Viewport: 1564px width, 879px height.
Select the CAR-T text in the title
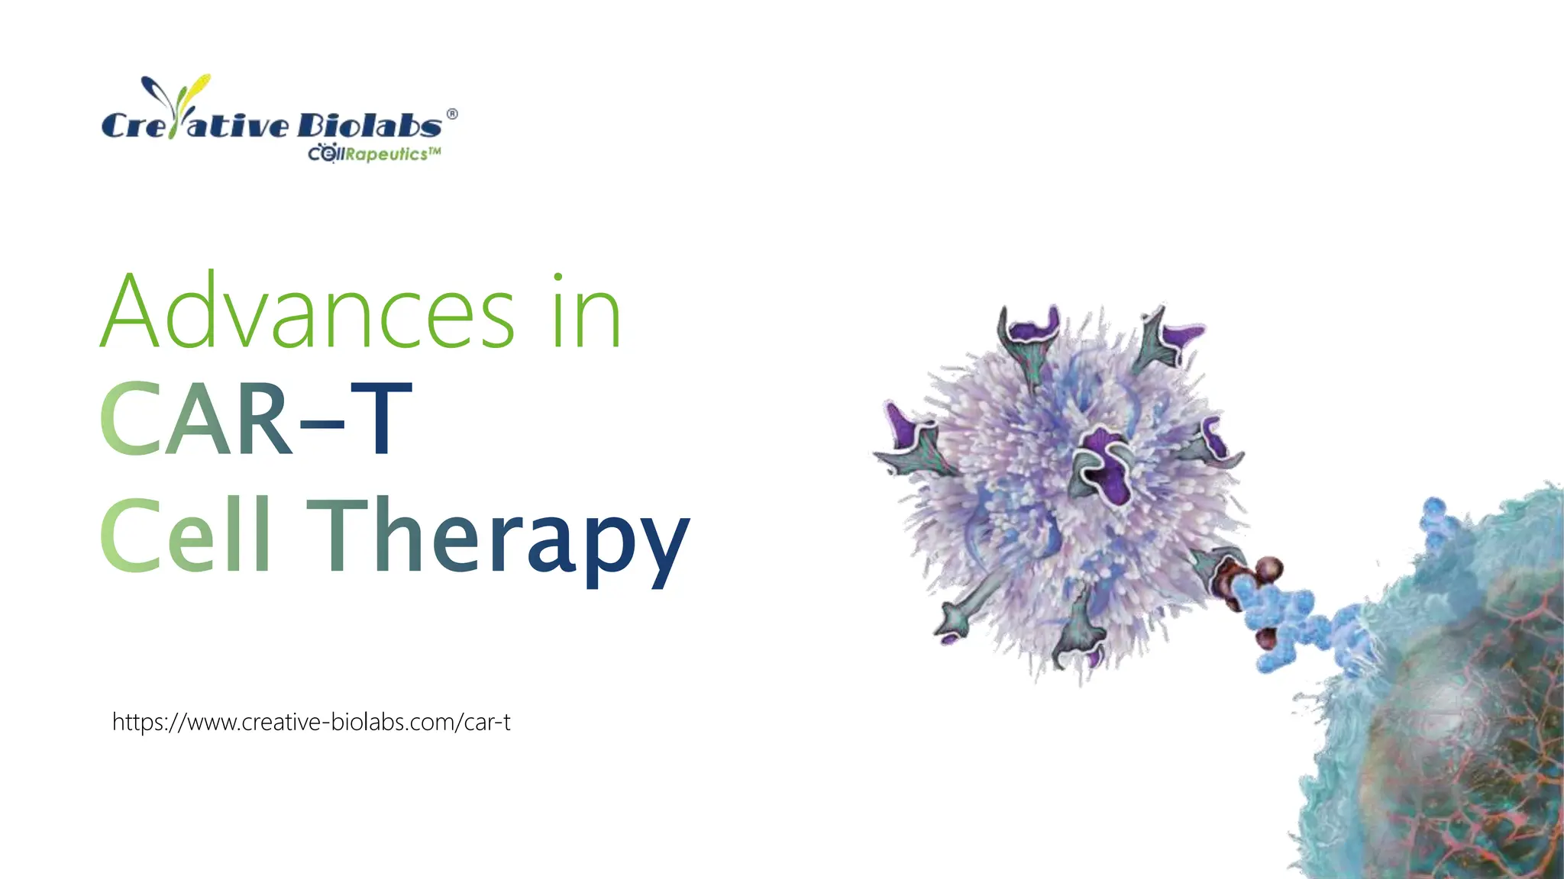256,419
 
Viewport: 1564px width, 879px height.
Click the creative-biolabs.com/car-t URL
312,722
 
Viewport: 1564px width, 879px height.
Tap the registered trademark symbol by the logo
452,114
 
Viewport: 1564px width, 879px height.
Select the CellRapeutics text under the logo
374,154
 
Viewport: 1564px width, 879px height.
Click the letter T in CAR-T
382,419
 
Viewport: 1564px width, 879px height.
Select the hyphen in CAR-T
322,427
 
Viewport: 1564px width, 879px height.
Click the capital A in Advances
130,312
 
